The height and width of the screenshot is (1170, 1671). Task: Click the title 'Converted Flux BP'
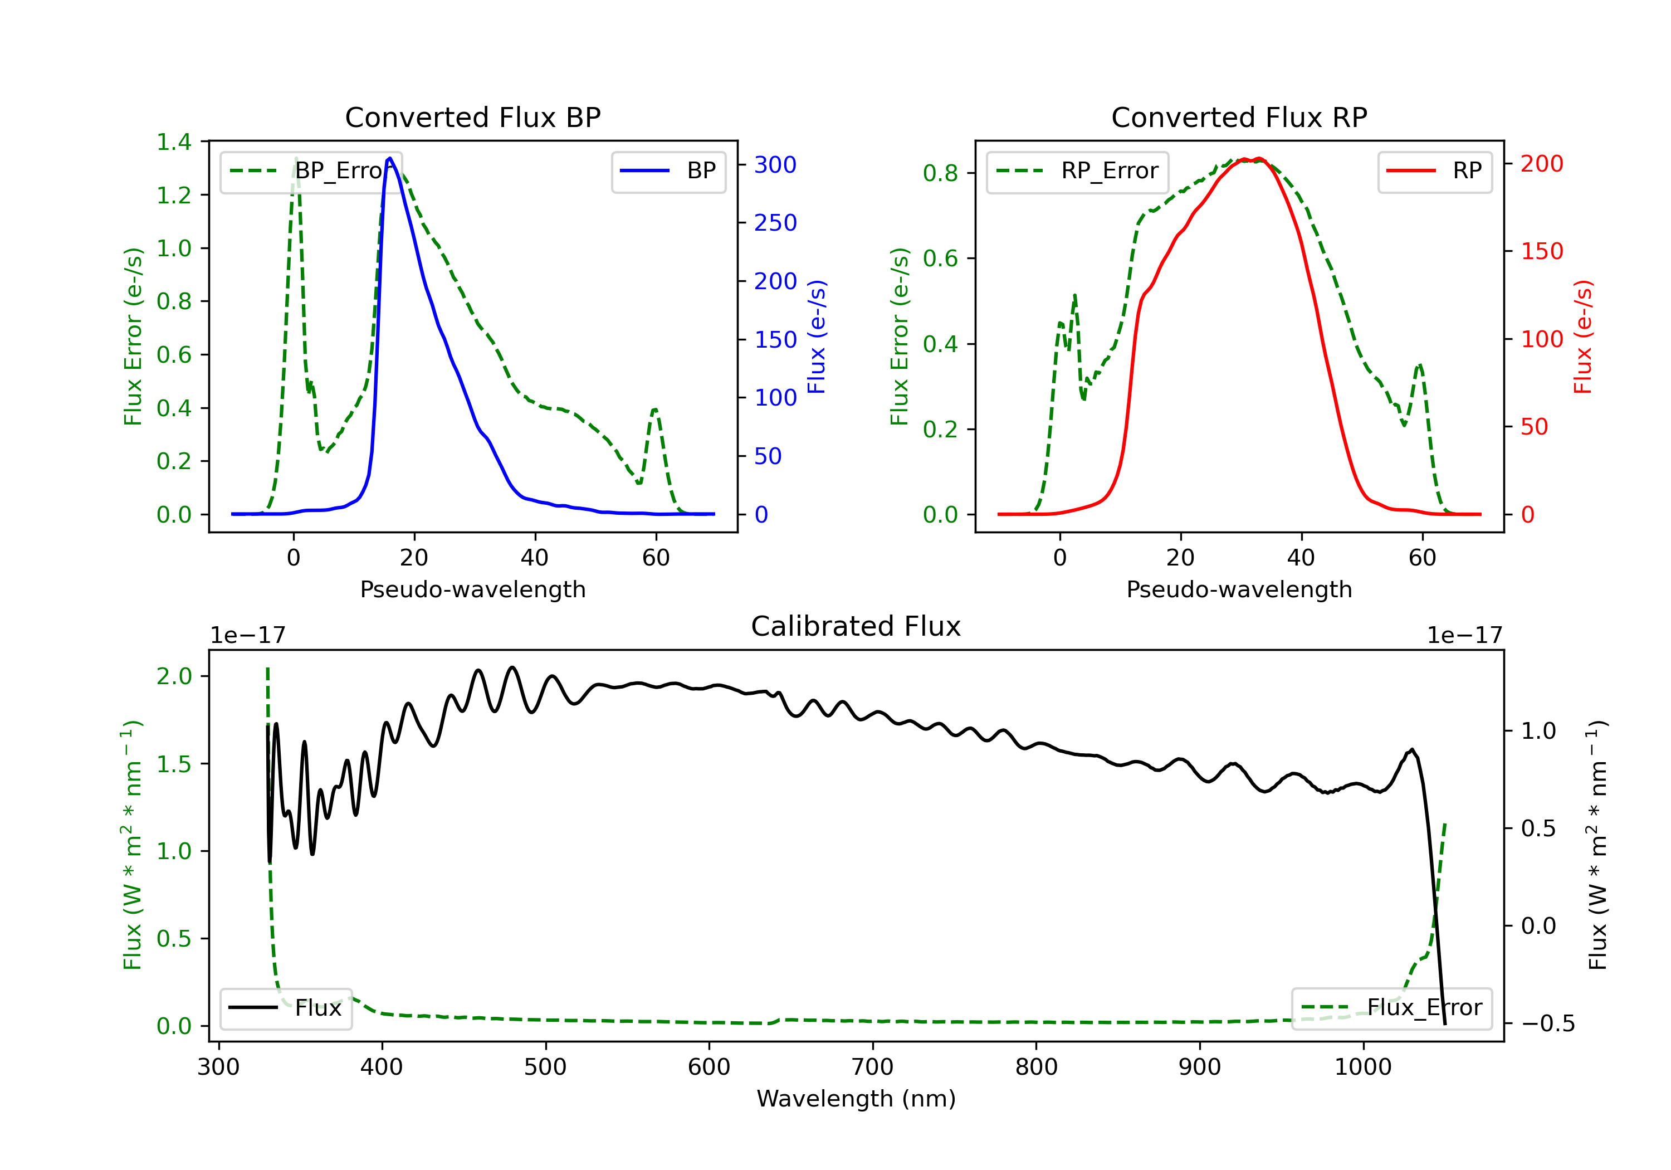pos(472,117)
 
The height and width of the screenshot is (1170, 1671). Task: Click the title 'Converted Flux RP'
pos(1239,117)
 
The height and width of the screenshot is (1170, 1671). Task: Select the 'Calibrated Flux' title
pos(856,626)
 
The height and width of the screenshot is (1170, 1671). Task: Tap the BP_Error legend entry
pos(311,171)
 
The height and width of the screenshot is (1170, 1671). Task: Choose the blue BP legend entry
pos(668,171)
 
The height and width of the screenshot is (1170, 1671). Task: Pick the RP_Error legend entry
pos(1077,171)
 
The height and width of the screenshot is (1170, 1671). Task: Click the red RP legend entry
pos(1434,171)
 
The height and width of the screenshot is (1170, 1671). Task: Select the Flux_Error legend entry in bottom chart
pos(1391,1008)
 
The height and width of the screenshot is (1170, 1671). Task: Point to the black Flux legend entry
pos(285,1008)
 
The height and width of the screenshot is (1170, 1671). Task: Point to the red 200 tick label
pos(1541,164)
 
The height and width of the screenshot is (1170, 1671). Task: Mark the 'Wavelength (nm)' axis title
pos(856,1099)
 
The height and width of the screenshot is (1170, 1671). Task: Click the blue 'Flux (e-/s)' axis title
pos(817,337)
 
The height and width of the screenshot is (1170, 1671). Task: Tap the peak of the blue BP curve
pos(390,158)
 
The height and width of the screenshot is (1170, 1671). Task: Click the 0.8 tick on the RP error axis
pos(940,173)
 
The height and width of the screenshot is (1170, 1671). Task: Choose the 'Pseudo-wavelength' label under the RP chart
pos(1239,589)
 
